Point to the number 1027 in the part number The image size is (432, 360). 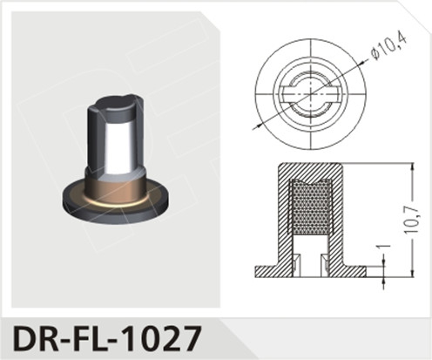165,335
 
